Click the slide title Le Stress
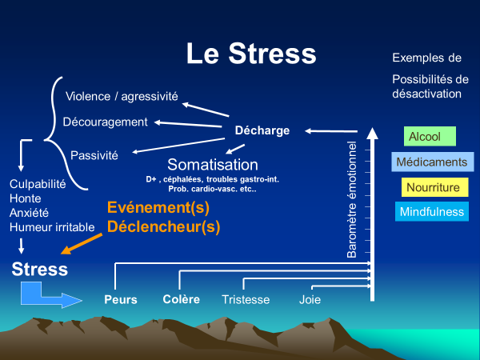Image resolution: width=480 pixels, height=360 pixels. click(x=250, y=54)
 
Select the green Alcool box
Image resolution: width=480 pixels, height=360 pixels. click(x=430, y=137)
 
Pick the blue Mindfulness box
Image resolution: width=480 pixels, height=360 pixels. click(x=432, y=213)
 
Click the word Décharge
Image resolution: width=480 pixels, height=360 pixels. click(x=262, y=130)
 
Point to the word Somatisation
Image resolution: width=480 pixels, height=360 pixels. click(x=212, y=164)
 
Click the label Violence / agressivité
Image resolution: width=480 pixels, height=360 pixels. click(x=122, y=97)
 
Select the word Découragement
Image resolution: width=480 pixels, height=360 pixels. click(x=105, y=122)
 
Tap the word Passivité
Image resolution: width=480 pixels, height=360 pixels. click(x=94, y=154)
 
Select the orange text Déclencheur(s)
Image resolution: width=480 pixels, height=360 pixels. click(x=163, y=226)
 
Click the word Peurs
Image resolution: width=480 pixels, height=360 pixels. click(x=121, y=300)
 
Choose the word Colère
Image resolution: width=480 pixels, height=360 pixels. click(x=181, y=300)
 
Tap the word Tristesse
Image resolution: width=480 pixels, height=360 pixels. click(x=245, y=300)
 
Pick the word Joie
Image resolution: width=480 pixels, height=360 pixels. click(x=310, y=300)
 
